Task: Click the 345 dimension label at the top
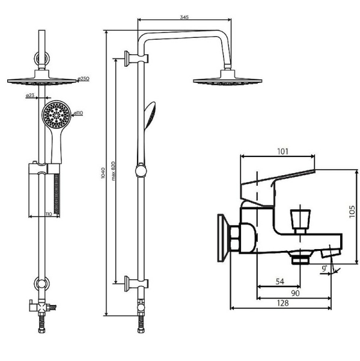(184, 17)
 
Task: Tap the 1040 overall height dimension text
(103, 173)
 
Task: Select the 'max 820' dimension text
(113, 171)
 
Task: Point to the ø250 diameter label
(84, 78)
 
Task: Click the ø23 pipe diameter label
(30, 95)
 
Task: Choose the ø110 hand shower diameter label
(78, 113)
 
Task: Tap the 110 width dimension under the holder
(49, 214)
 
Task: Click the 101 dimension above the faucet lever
(282, 151)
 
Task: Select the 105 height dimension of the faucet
(352, 212)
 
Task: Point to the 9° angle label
(325, 268)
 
